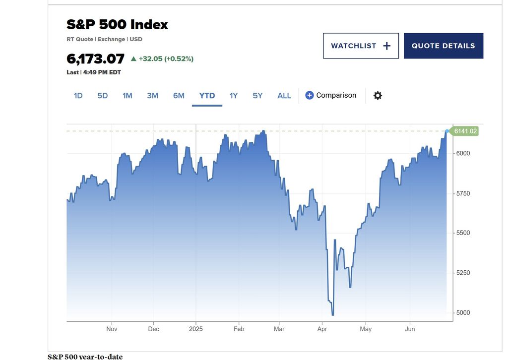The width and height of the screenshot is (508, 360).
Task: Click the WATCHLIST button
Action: click(x=361, y=46)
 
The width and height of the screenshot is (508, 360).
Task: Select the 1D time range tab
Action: click(x=78, y=95)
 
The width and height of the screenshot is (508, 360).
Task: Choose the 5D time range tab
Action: click(x=103, y=95)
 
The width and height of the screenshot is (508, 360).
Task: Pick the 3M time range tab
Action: click(x=152, y=95)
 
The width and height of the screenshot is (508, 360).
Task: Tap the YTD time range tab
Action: click(x=207, y=95)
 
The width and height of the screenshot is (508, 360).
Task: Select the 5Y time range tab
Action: click(x=257, y=95)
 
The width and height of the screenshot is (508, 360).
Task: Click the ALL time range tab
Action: click(x=284, y=95)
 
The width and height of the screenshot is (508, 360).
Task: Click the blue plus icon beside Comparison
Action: click(x=309, y=95)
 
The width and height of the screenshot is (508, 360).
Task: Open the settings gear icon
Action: click(x=378, y=95)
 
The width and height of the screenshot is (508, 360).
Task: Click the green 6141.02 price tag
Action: click(x=465, y=131)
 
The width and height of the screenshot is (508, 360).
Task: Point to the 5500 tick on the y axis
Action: click(x=463, y=233)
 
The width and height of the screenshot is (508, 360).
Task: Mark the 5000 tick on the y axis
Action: click(x=463, y=312)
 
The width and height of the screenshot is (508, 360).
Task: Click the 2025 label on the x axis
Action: click(x=196, y=329)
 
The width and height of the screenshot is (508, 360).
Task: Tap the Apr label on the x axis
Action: click(x=322, y=329)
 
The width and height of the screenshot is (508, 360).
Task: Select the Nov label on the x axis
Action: click(x=112, y=329)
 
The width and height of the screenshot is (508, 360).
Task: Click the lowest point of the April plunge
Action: click(x=332, y=315)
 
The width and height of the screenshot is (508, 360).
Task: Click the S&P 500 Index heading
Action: click(x=117, y=24)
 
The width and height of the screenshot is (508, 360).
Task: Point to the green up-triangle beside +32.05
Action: click(x=133, y=59)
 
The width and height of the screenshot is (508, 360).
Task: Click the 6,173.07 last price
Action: click(x=95, y=59)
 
